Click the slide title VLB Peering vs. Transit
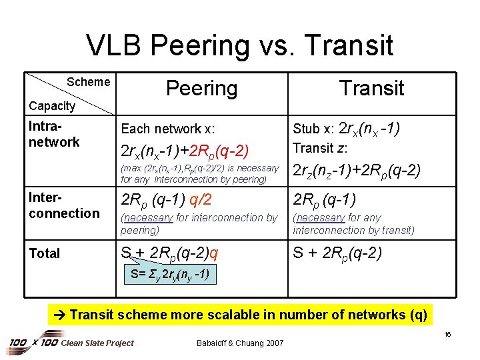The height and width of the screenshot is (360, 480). pyautogui.click(x=240, y=45)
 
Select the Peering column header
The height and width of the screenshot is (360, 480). pyautogui.click(x=201, y=88)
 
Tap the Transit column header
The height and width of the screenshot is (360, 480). pyautogui.click(x=371, y=88)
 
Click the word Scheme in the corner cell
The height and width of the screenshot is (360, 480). pyautogui.click(x=88, y=82)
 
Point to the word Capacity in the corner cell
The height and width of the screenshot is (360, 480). pyautogui.click(x=52, y=105)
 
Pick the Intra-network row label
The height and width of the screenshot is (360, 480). pyautogui.click(x=54, y=134)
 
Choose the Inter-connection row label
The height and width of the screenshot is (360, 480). pyautogui.click(x=63, y=205)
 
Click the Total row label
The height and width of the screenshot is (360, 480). pyautogui.click(x=44, y=253)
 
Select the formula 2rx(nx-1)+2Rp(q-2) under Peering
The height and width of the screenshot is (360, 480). pyautogui.click(x=185, y=150)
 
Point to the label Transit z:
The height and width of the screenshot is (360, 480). pyautogui.click(x=320, y=148)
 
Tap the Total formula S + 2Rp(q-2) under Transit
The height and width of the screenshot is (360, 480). pyautogui.click(x=337, y=253)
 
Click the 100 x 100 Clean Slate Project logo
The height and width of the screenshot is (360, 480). pyautogui.click(x=71, y=343)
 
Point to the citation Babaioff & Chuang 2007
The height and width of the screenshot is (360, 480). pyautogui.click(x=240, y=343)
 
